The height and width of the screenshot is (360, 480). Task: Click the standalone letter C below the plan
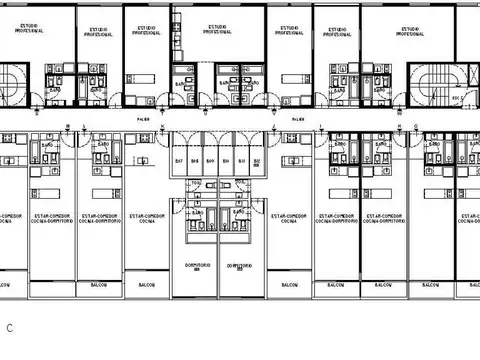pos(9,327)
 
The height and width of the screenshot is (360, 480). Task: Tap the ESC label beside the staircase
pos(456,99)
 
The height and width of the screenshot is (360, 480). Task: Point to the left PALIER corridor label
pos(143,117)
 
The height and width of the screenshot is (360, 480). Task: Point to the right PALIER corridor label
pos(297,117)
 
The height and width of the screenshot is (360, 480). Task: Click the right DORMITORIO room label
pos(238,266)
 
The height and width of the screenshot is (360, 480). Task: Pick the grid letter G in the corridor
pos(415,125)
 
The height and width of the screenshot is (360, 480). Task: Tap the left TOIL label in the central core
pos(196,182)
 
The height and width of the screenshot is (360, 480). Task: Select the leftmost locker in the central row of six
pos(180,160)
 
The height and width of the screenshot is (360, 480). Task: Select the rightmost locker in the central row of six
pos(257,160)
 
